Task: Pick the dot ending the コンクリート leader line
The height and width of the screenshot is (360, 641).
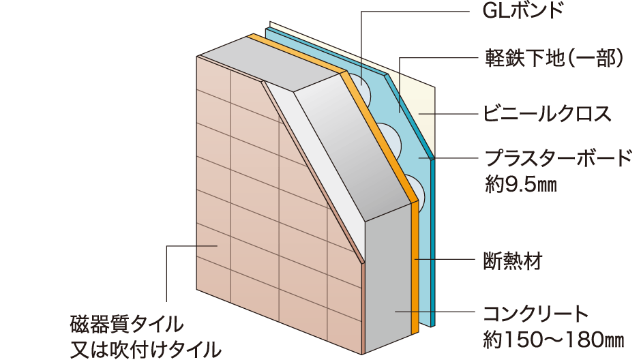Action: (x=395, y=312)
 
